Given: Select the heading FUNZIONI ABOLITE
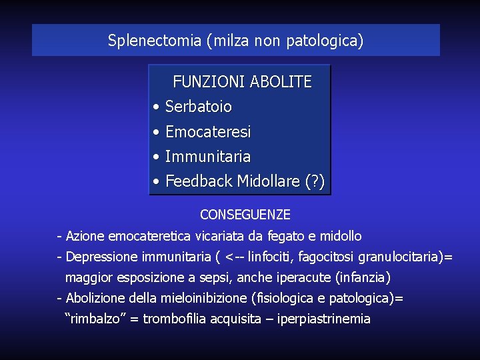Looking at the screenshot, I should click(242, 82).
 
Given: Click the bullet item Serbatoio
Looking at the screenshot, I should click(198, 106).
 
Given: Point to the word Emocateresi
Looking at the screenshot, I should click(207, 132).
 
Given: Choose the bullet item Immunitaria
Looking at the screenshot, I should click(207, 157).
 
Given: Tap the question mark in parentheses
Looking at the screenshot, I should click(315, 181).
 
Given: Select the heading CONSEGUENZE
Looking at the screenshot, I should click(245, 215).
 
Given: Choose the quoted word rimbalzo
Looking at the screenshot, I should click(93, 319).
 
